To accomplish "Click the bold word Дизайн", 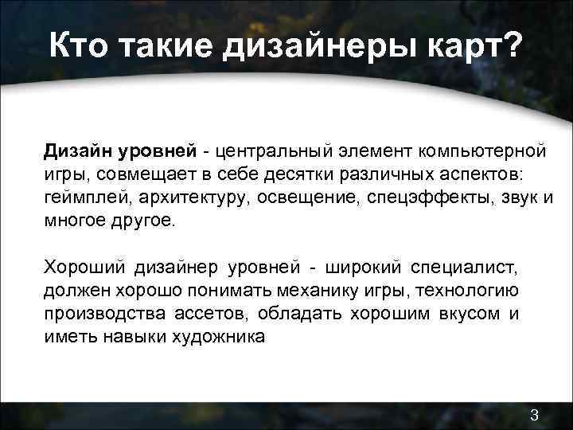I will coord(77,150).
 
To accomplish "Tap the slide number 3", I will coord(535,414).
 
